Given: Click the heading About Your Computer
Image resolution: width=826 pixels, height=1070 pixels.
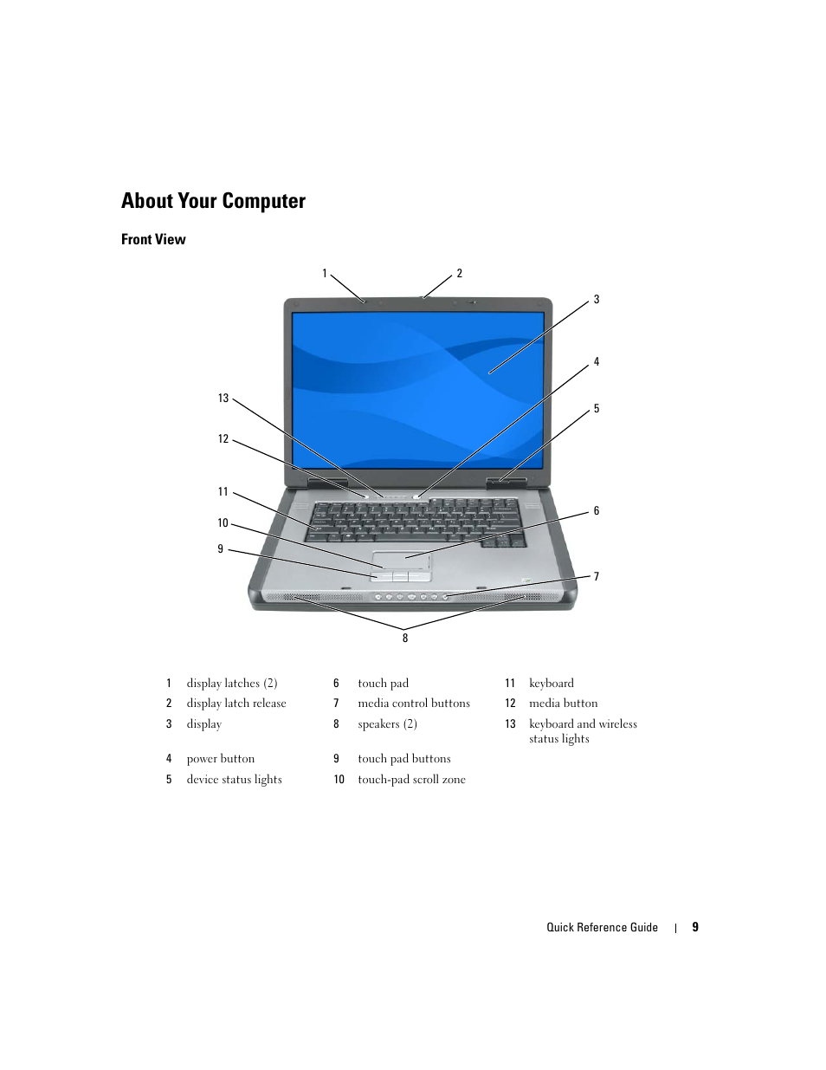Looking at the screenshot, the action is pos(213,201).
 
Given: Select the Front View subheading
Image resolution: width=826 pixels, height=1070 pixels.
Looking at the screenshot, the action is pos(153,240).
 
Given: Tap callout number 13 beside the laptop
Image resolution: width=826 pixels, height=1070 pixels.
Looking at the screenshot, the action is pos(223,399).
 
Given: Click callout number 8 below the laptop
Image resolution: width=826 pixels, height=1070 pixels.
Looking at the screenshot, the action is pos(404,639).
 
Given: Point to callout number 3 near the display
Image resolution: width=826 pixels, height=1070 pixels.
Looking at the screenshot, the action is pos(597,300).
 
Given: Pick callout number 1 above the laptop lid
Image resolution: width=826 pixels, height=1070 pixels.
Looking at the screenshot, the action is pos(326,274).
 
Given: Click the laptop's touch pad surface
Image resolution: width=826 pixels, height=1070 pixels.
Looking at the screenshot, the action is pos(402,559).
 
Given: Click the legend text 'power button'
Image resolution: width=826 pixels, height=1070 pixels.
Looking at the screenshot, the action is pos(221,759).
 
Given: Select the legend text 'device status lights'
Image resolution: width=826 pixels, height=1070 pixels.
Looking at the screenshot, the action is pos(234,780).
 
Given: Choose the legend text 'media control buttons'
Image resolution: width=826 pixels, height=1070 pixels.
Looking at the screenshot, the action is pos(414,704).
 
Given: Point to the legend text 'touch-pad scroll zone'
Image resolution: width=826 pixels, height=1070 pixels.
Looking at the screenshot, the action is pos(411,780).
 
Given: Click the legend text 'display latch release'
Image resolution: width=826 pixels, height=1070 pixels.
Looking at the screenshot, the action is pos(236,704).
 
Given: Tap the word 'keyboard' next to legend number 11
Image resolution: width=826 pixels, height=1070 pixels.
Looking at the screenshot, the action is pos(552,684).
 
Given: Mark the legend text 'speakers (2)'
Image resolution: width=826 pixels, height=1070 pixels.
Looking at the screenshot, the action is pos(387,724).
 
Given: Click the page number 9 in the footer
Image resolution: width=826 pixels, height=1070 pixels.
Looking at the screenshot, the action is pos(695,927).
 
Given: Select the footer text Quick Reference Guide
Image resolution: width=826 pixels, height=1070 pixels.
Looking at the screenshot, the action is pos(602,928).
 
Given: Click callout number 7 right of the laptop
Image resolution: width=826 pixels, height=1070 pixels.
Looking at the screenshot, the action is pos(597,577).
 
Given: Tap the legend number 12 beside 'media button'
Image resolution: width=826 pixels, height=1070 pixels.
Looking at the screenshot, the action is pos(510,704).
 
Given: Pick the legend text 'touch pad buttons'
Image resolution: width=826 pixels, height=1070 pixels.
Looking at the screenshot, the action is pos(404,759).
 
